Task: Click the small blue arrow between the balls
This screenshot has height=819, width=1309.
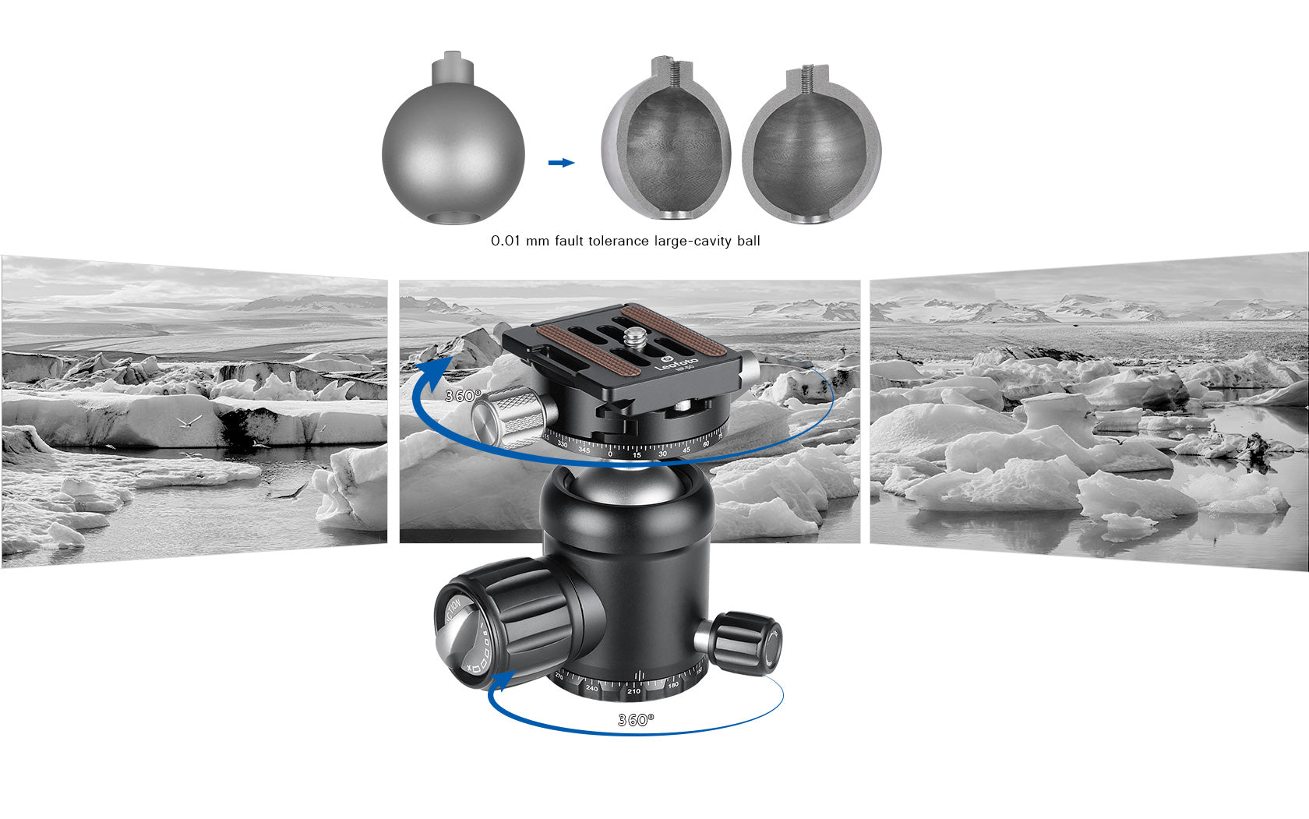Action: click(561, 163)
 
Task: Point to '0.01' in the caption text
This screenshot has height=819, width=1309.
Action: click(505, 241)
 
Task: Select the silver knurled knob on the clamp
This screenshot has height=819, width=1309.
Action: click(511, 416)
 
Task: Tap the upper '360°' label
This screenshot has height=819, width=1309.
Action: click(463, 396)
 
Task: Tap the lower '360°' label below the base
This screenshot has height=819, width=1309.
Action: click(636, 720)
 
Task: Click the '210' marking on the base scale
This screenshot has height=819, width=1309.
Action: click(633, 691)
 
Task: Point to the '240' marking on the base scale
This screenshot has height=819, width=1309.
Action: click(592, 688)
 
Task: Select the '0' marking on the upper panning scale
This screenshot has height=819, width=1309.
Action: click(609, 454)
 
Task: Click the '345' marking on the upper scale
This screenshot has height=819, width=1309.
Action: click(584, 450)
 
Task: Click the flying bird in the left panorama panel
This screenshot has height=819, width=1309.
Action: click(189, 422)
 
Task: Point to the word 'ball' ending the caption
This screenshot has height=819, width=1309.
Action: click(748, 241)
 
